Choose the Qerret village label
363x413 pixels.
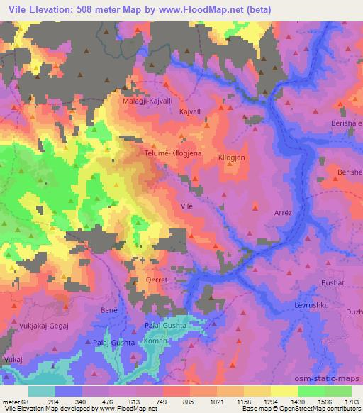[157, 280]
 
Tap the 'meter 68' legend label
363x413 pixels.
[15, 402]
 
